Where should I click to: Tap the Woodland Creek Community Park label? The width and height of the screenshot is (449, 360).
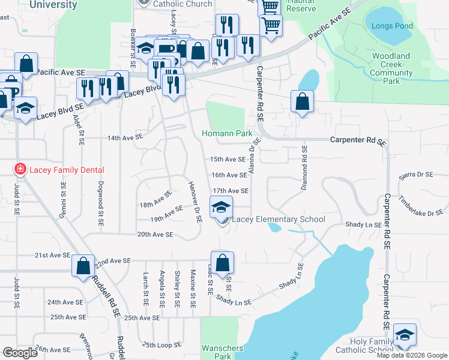point(391,68)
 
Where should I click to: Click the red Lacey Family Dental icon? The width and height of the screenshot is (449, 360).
point(20,170)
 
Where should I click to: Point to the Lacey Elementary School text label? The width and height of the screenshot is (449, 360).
point(278,219)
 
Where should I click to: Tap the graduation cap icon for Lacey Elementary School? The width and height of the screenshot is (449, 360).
point(221,208)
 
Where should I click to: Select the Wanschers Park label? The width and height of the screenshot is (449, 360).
point(222,352)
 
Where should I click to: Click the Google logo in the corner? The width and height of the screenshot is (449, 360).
point(20,353)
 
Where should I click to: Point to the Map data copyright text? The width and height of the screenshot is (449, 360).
point(412,355)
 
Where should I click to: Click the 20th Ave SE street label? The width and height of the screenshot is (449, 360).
point(155,235)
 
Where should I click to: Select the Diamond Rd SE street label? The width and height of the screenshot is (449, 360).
point(304,169)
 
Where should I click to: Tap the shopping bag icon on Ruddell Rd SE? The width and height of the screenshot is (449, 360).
point(83,265)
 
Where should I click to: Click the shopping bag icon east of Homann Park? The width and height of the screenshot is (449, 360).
point(302,101)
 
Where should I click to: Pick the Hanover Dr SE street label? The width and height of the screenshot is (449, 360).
point(194,202)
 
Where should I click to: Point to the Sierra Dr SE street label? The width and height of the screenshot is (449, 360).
point(416,175)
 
